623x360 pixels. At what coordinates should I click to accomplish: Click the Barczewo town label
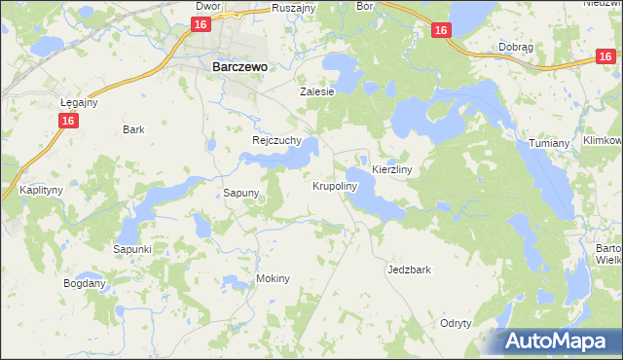click(239, 68)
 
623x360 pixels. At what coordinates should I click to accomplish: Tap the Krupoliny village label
click(335, 185)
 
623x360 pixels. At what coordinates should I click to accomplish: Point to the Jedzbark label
click(409, 270)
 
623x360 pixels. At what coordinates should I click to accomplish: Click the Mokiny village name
click(274, 278)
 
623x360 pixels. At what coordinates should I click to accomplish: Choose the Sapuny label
click(241, 193)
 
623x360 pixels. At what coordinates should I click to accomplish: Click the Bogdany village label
click(84, 283)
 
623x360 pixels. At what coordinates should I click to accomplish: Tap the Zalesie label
click(316, 91)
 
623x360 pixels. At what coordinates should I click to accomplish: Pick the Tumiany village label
click(549, 143)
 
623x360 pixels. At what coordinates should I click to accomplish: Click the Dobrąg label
click(514, 47)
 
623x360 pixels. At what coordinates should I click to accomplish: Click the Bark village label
click(133, 129)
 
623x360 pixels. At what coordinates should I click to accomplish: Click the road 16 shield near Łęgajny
click(67, 121)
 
